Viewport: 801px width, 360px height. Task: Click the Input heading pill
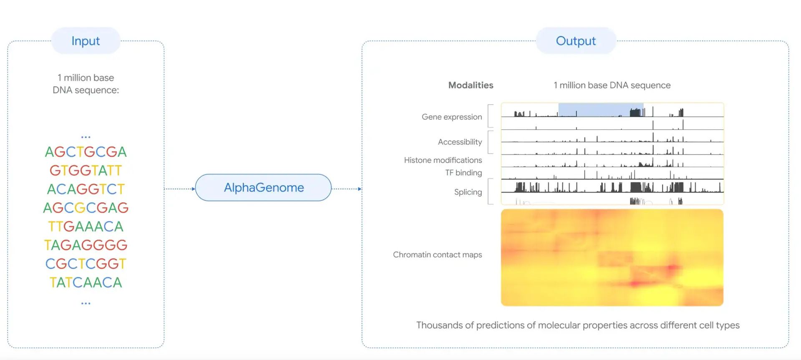(86, 41)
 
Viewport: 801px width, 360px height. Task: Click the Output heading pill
(576, 41)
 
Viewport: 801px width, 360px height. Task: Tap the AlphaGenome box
(263, 188)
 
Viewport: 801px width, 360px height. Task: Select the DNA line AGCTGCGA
(86, 152)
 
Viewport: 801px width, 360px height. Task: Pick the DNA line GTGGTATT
(86, 171)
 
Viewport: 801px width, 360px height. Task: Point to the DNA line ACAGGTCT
(86, 189)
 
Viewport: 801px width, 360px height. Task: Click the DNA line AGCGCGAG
(86, 208)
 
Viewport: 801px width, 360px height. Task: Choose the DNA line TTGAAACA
(86, 227)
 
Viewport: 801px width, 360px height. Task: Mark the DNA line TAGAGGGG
(86, 245)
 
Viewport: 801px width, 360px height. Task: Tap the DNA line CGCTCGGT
(86, 264)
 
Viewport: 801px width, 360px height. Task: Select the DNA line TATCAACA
(86, 282)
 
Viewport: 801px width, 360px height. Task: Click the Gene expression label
(451, 117)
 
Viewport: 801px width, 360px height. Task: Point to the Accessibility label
(460, 142)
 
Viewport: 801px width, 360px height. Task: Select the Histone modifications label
(443, 160)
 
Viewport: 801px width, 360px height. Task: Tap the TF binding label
(463, 173)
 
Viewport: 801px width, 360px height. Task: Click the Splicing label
(468, 192)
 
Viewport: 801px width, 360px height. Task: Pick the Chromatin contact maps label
(437, 254)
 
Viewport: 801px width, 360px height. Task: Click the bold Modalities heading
(471, 85)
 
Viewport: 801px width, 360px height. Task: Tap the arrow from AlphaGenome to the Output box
(346, 189)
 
